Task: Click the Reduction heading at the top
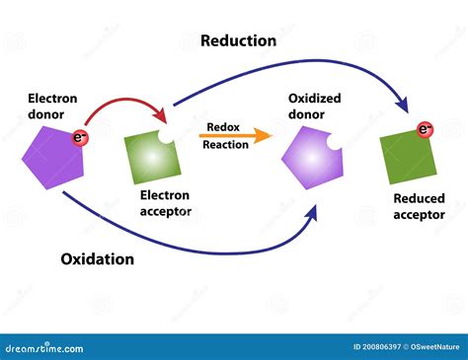(x=238, y=40)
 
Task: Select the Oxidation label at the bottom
(x=97, y=259)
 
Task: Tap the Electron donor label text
(x=52, y=106)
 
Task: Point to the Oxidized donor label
(x=315, y=106)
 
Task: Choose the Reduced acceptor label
(x=419, y=206)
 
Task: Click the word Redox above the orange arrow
(x=223, y=126)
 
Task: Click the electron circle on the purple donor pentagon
(x=81, y=138)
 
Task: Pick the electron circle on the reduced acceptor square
(x=426, y=129)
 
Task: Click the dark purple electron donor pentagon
(x=50, y=155)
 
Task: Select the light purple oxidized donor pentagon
(x=313, y=158)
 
